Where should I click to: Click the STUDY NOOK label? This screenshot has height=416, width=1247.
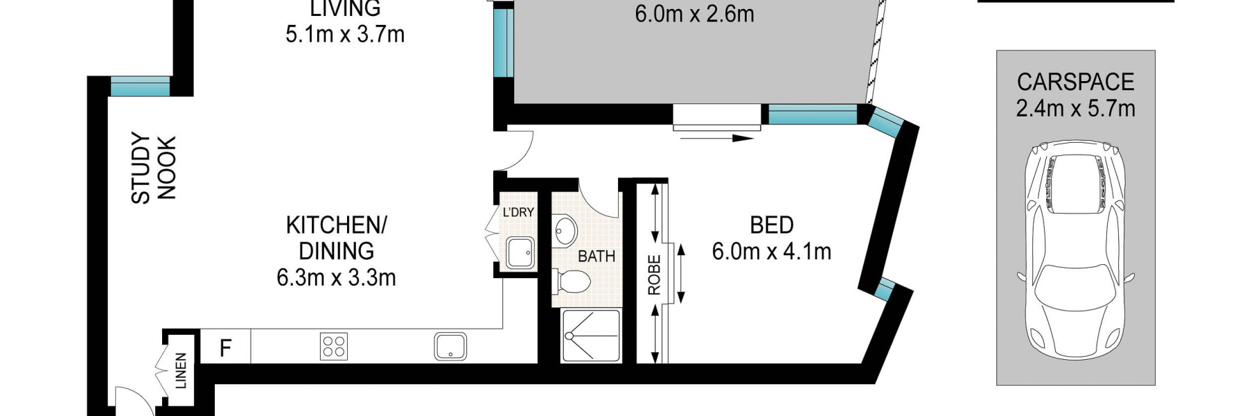pos(154,168)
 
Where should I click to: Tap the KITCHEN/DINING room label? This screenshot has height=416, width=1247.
pos(336,238)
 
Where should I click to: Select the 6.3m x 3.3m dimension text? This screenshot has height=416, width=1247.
pos(336,278)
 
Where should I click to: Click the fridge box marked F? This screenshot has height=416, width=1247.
pos(225,347)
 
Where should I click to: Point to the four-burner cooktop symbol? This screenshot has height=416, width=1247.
pos(334,346)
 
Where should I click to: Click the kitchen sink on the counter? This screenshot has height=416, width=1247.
pos(450,345)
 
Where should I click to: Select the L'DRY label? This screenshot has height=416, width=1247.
pos(518,212)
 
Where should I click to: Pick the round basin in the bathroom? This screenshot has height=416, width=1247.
pos(565,229)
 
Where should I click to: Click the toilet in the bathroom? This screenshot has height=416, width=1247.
pos(574,281)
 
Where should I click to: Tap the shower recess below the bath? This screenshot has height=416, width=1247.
pos(590,336)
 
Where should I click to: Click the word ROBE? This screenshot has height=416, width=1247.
pos(654,275)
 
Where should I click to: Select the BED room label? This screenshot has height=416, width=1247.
pos(771,225)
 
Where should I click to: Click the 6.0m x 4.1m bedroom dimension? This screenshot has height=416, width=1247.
pos(771,252)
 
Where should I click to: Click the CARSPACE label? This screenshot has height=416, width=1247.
pos(1075,82)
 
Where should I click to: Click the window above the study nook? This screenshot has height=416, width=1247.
pos(141,86)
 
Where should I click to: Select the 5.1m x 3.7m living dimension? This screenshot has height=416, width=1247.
pos(344,34)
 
